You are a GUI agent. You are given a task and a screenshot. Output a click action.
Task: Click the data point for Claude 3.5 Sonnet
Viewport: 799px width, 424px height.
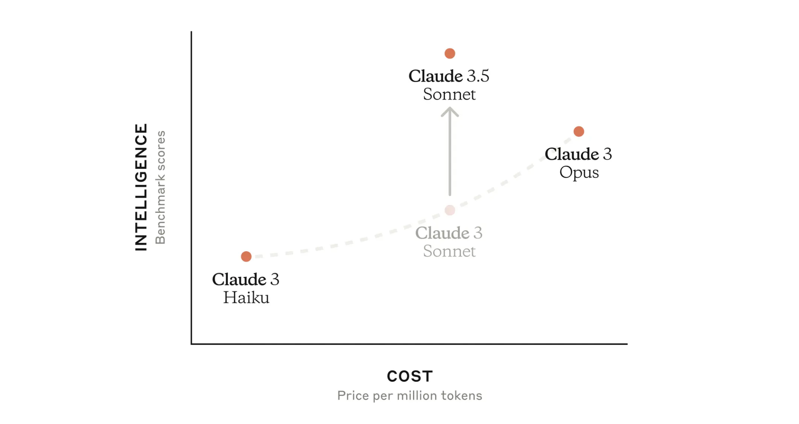coord(450,53)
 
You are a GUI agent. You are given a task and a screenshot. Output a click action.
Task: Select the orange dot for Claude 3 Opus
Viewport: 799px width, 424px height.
coord(579,131)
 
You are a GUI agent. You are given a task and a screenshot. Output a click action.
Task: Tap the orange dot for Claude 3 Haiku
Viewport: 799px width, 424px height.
coord(246,256)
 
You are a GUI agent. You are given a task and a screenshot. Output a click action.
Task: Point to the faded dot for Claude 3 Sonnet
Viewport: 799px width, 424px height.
coord(450,210)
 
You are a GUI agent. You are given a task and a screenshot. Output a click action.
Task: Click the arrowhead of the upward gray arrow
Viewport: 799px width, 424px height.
coord(450,111)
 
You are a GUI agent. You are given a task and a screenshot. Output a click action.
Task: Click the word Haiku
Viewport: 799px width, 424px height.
coord(246,298)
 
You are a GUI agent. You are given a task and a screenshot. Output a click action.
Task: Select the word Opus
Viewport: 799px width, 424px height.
coord(579,173)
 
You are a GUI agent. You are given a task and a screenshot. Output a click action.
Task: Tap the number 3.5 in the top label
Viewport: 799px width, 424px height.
coord(478,76)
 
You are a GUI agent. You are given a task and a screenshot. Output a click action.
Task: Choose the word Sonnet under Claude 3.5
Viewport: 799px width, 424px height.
coord(449,95)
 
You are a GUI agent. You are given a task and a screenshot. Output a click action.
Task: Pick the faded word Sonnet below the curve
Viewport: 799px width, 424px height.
coord(449,252)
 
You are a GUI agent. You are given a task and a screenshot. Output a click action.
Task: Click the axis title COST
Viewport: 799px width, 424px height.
coord(410,376)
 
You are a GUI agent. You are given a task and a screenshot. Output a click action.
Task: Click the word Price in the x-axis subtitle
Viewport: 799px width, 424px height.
coord(353,396)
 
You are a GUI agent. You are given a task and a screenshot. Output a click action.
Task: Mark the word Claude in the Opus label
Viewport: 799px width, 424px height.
coord(572,154)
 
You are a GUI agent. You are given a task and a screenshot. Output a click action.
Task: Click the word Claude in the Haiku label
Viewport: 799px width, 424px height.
coord(239,279)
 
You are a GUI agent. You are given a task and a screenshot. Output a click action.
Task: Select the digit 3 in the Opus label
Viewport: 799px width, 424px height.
coord(607,154)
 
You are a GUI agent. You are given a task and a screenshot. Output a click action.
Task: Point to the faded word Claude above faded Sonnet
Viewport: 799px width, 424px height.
coord(442,233)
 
